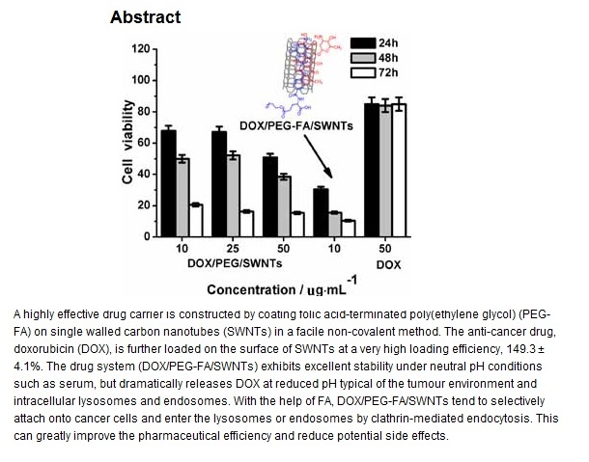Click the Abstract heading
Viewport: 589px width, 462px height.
click(x=145, y=16)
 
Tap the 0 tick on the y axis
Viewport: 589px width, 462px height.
click(x=145, y=236)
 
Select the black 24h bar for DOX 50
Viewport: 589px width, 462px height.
click(x=371, y=169)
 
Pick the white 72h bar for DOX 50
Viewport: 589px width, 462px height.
click(x=398, y=170)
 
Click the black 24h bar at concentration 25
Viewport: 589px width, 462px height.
click(x=218, y=183)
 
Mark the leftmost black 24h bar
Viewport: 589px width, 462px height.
click(x=169, y=182)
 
